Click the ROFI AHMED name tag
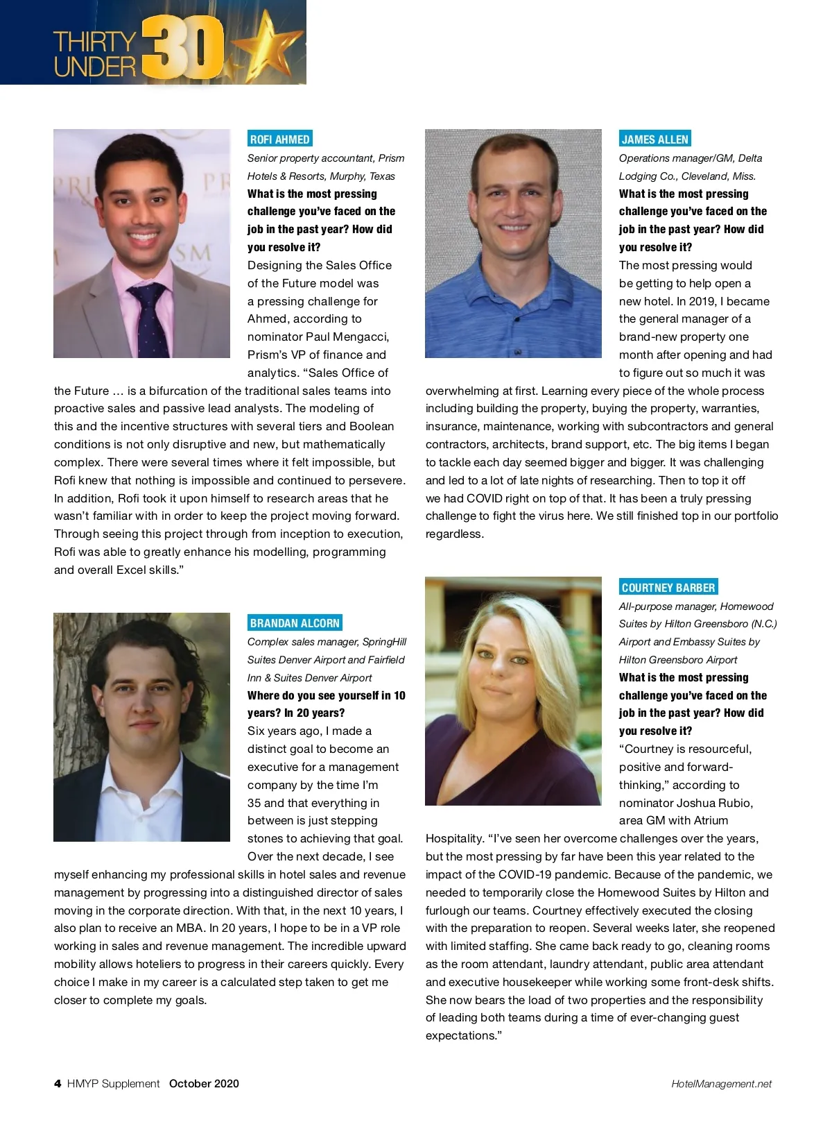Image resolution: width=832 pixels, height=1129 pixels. (279, 139)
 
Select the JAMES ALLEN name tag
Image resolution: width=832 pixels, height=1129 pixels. (655, 139)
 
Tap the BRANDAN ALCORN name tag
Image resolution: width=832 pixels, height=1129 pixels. (295, 622)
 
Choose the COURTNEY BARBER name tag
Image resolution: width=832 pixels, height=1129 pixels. (668, 587)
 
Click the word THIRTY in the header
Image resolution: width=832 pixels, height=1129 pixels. (95, 42)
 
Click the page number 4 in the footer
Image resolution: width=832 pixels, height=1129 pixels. (58, 1083)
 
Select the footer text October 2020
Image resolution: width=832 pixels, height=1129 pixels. (204, 1083)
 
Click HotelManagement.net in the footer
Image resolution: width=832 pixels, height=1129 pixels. (721, 1084)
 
